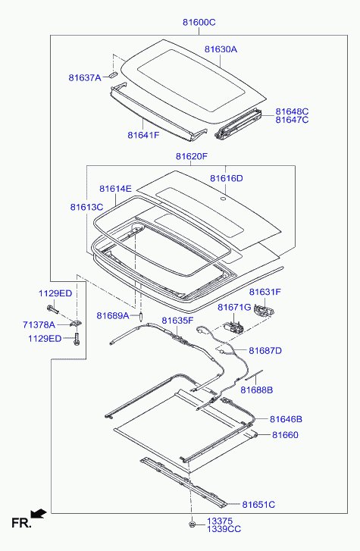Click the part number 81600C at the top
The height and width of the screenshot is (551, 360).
tap(199, 22)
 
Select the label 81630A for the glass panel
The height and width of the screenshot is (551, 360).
tap(221, 49)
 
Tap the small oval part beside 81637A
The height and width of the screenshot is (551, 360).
tap(112, 74)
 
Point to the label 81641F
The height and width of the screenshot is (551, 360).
tap(143, 135)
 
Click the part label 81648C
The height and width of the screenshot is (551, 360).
tap(292, 111)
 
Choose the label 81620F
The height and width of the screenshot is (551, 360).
tap(192, 156)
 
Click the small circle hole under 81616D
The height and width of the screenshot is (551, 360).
tap(223, 199)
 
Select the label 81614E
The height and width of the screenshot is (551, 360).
tap(115, 189)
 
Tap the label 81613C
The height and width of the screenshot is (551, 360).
tap(86, 207)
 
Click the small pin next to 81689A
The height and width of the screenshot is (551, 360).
tap(141, 316)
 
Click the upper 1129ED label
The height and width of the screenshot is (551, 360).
tap(55, 293)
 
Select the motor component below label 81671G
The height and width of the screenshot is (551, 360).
tap(233, 327)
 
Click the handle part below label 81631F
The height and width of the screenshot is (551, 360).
tap(264, 311)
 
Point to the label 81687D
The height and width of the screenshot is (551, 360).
tap(265, 351)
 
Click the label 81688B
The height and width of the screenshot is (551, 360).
tap(257, 390)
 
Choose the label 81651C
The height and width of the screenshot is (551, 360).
tap(258, 505)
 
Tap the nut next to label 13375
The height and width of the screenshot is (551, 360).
tap(192, 524)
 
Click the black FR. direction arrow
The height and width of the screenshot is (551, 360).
tap(39, 514)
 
